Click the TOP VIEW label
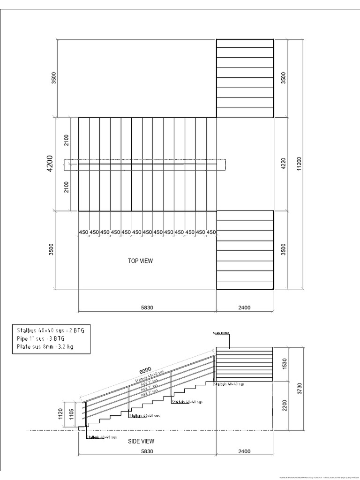coord(140,261)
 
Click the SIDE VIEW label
coord(141,441)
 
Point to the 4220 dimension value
coord(283,164)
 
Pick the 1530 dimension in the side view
coord(283,365)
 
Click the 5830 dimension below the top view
coord(147,308)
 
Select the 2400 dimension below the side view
coord(244,451)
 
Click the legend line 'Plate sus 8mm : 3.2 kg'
coord(45,347)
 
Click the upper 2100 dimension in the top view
coord(67,140)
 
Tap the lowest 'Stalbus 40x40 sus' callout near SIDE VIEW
coord(101,437)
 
